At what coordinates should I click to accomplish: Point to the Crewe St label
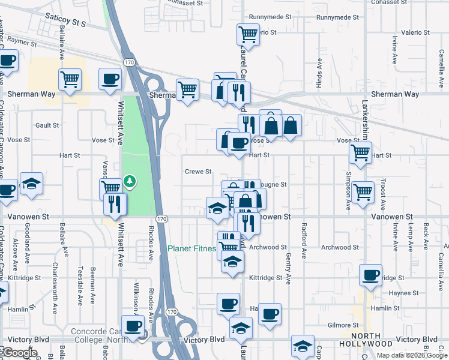click(x=198, y=172)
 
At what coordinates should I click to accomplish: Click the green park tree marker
click(x=128, y=181)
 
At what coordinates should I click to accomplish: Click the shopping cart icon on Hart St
click(x=360, y=152)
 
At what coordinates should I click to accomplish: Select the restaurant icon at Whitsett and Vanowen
click(x=115, y=203)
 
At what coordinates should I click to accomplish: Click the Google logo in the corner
click(x=19, y=353)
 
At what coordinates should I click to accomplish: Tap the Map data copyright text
click(x=412, y=355)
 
